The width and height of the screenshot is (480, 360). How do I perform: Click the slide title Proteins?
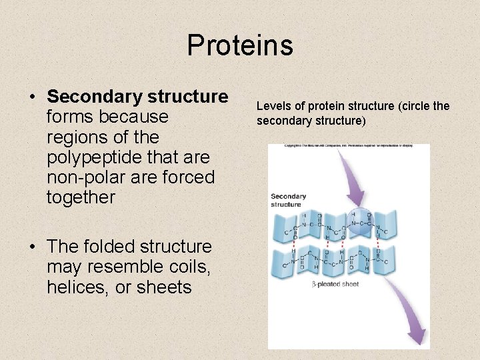tap(240, 45)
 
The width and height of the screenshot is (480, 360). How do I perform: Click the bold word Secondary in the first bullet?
tap(90, 97)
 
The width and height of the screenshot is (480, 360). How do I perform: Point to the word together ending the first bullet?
tap(81, 197)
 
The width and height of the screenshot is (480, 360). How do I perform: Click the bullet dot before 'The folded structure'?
tap(32, 247)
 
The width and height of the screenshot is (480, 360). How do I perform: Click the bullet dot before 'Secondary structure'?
tap(32, 97)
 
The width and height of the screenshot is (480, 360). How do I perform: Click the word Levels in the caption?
tap(273, 106)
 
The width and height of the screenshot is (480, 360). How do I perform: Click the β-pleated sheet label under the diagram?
tap(336, 285)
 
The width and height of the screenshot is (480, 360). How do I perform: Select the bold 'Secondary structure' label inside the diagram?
tap(288, 200)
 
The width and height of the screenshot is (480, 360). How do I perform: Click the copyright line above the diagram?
tap(349, 145)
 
